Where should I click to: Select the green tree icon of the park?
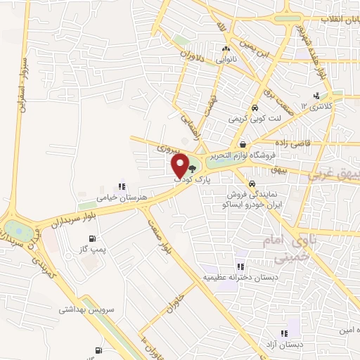(x=193, y=168)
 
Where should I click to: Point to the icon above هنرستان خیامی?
(x=122, y=186)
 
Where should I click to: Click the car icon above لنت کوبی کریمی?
(x=255, y=108)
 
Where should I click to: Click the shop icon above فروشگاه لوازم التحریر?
(x=242, y=143)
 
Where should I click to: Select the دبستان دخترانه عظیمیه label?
(x=241, y=277)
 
